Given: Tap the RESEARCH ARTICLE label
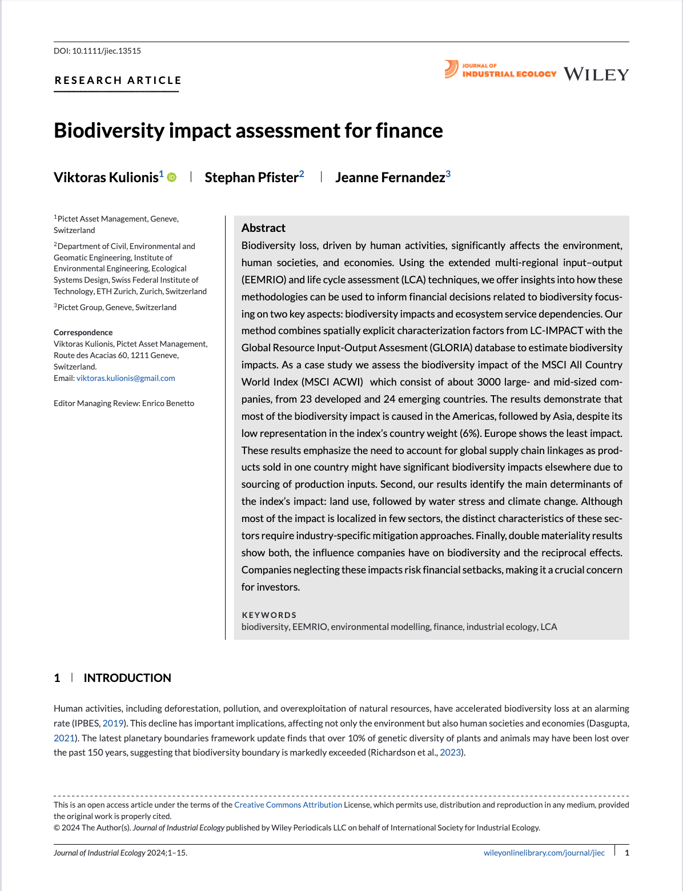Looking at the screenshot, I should [x=118, y=81].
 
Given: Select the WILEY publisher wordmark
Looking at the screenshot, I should [x=596, y=74].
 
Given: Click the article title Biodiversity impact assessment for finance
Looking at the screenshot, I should [x=248, y=131].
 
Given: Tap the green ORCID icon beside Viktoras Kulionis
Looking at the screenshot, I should [x=172, y=178].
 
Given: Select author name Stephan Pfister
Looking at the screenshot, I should [x=251, y=178].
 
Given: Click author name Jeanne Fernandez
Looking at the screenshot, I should [x=389, y=178].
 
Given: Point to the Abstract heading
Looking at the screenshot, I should [x=263, y=228].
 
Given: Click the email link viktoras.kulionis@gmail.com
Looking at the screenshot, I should [x=126, y=378].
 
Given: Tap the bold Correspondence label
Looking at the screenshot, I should [x=83, y=332].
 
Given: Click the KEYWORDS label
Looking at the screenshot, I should [x=269, y=615].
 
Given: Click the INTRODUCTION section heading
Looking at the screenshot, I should [x=127, y=678].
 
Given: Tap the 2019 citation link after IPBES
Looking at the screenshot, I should [x=113, y=723].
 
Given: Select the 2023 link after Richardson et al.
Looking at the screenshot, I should [x=450, y=752].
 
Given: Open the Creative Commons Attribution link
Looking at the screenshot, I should [x=288, y=805].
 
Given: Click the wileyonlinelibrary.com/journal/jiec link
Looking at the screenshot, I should [x=544, y=853].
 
